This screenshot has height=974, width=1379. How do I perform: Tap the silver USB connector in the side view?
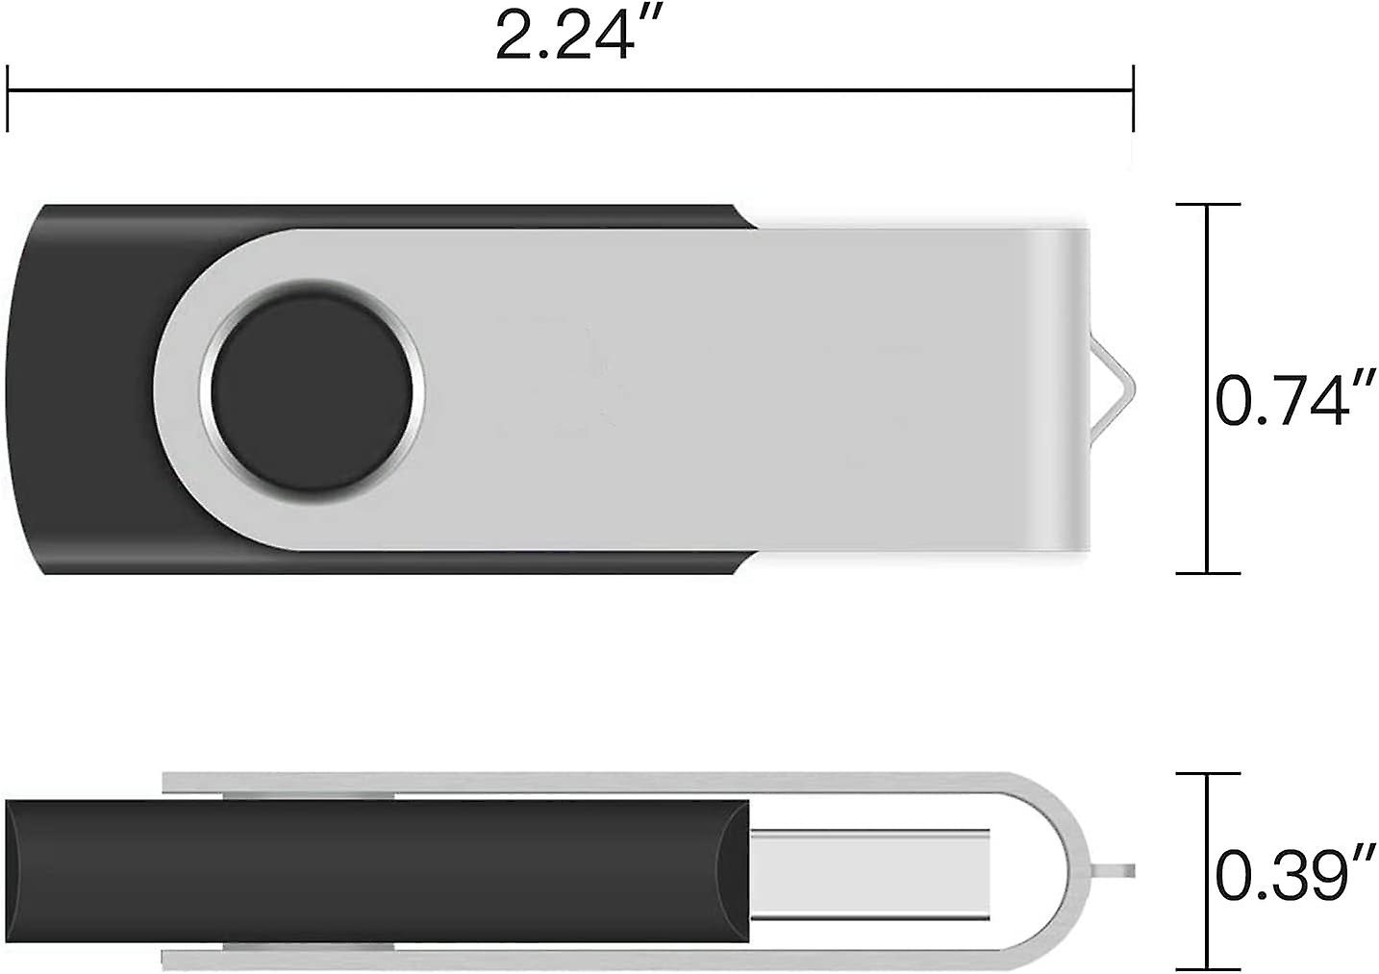(x=870, y=873)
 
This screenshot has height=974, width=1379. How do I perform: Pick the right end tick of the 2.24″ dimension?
(x=1133, y=96)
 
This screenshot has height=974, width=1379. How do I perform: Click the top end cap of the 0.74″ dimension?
(x=1209, y=205)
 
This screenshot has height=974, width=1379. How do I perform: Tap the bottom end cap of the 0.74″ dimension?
(x=1209, y=573)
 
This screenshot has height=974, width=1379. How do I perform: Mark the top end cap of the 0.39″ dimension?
(x=1209, y=772)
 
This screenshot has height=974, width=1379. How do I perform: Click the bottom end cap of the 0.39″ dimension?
(x=1209, y=966)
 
